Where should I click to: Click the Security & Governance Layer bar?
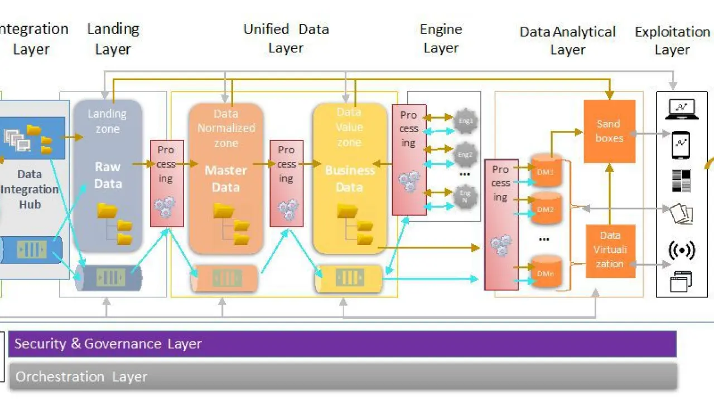342,344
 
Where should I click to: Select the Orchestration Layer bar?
342,376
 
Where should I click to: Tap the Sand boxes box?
609,131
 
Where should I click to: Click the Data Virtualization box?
610,250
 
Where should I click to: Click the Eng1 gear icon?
466,120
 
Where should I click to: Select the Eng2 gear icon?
466,154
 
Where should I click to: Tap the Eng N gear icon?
465,196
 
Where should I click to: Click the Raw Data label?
108,175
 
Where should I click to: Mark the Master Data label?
226,179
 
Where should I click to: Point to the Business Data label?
350,179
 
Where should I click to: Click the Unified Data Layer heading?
286,38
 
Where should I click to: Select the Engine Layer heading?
441,38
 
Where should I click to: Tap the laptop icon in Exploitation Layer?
681,109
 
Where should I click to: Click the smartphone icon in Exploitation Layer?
681,145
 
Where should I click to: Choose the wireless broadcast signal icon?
682,251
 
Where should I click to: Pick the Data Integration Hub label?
30,189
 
